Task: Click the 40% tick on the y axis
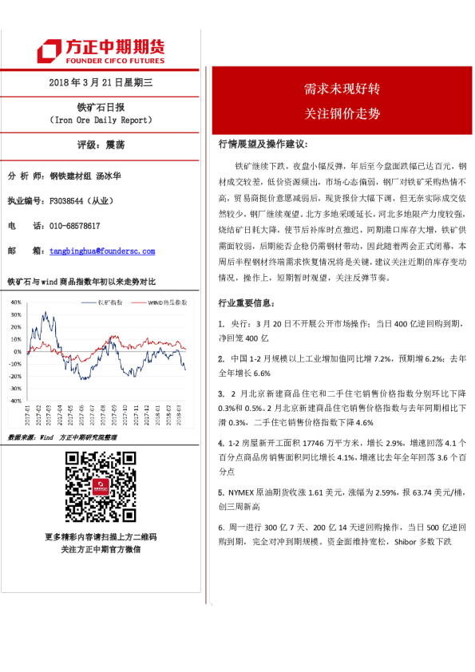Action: tap(16, 302)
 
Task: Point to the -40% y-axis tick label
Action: tap(15, 401)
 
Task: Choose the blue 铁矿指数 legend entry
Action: tap(109, 302)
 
